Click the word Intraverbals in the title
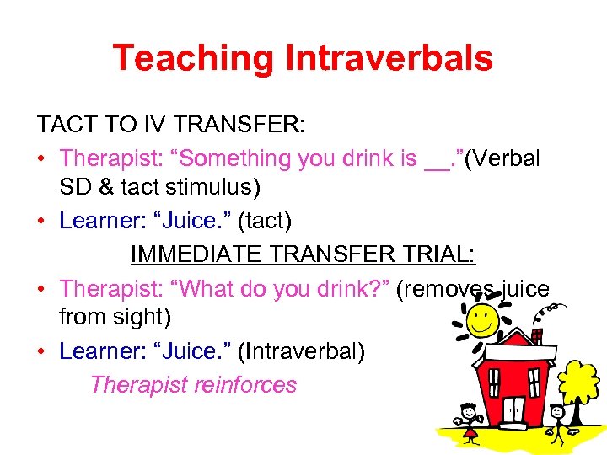pos(389,58)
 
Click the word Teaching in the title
pos(194,58)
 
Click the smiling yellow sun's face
pos(482,319)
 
